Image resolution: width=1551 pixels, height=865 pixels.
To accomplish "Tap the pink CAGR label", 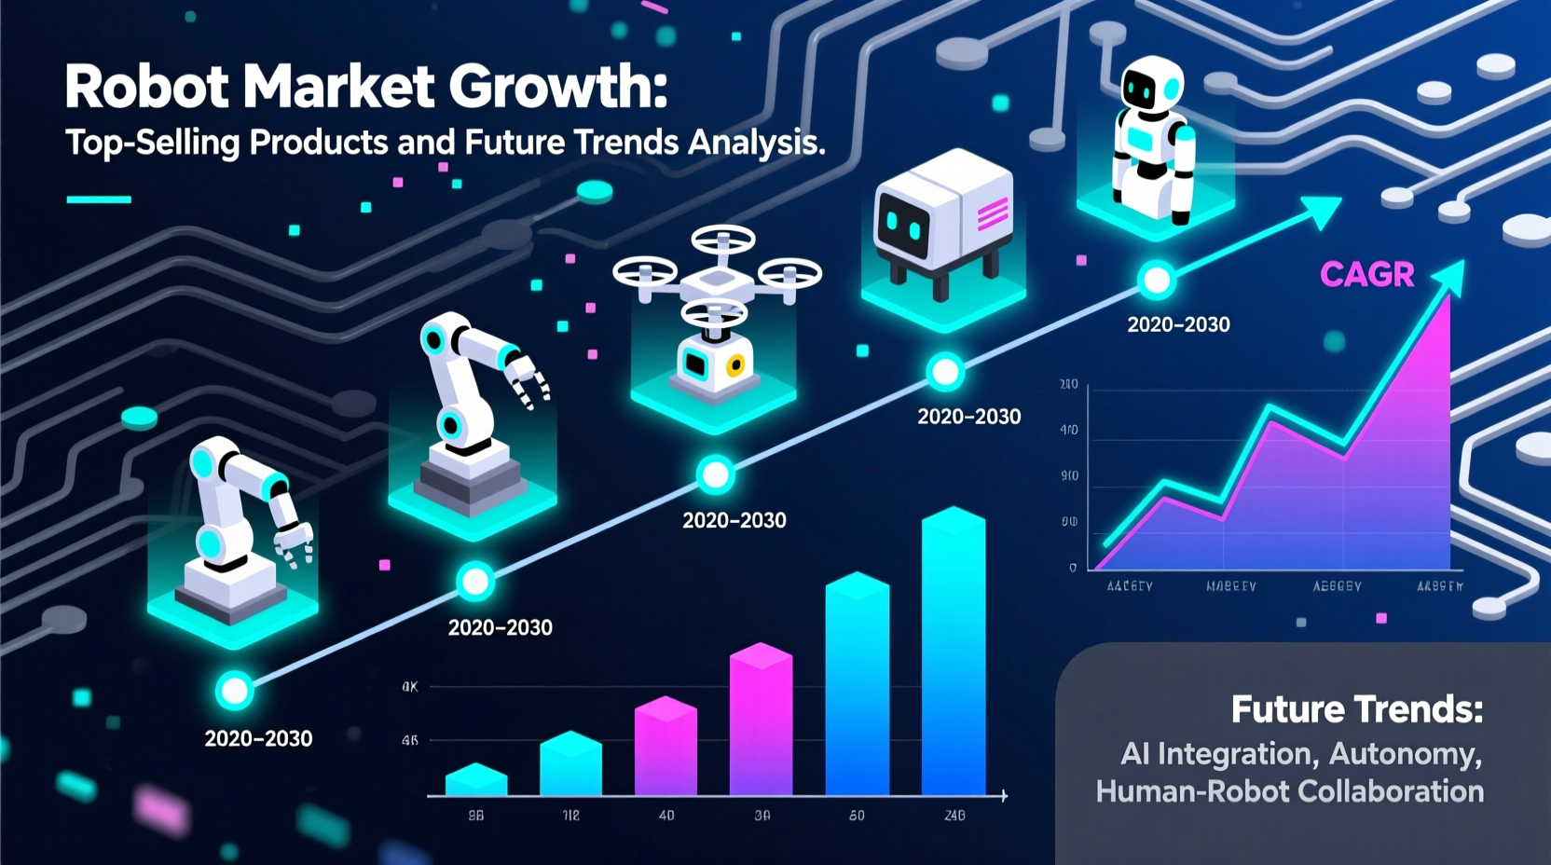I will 1367,274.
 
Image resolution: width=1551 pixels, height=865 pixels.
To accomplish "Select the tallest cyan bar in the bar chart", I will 954,652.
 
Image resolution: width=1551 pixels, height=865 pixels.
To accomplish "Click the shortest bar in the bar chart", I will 476,780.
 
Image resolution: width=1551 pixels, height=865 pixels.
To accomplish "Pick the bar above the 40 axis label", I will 666,747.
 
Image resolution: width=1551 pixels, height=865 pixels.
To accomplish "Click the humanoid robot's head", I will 1152,88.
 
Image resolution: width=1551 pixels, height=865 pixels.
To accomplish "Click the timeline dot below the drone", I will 716,475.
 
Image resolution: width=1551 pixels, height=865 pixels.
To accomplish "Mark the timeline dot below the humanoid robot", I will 1157,280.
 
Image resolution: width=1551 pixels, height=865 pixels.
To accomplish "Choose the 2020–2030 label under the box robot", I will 969,417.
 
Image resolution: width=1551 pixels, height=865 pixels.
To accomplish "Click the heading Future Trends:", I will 1356,709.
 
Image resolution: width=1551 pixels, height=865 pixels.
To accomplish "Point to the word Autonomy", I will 1406,753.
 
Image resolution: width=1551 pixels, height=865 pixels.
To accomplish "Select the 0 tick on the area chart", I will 1073,568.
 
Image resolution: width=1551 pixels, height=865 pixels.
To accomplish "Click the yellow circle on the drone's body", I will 736,365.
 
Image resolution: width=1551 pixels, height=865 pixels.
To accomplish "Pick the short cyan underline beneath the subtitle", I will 99,199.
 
